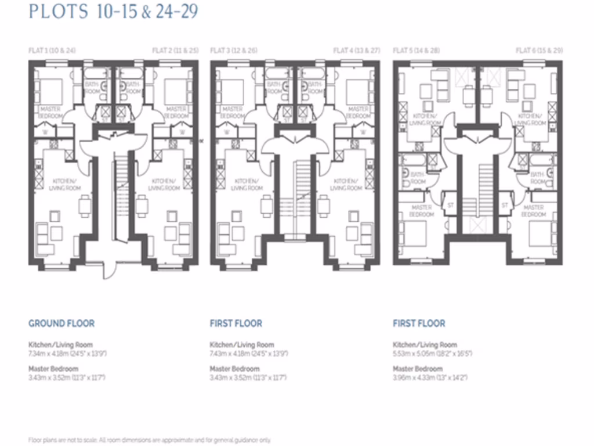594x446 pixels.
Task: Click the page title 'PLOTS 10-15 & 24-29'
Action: click(x=113, y=12)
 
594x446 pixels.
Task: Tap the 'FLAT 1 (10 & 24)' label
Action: click(x=52, y=51)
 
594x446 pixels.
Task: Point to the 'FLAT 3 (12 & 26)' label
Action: click(x=234, y=51)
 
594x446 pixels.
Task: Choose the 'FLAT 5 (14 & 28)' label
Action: click(x=416, y=51)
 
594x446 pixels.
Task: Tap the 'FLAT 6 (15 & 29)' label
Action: click(x=539, y=51)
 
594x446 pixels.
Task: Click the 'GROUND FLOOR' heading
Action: click(x=61, y=323)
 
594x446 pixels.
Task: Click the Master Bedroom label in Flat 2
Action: click(x=176, y=112)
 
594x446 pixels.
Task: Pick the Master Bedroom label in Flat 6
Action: click(x=534, y=211)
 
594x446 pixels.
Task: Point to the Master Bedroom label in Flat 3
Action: click(x=232, y=112)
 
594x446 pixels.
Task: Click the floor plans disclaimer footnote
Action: click(x=149, y=440)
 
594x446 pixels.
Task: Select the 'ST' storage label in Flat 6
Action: click(x=504, y=205)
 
